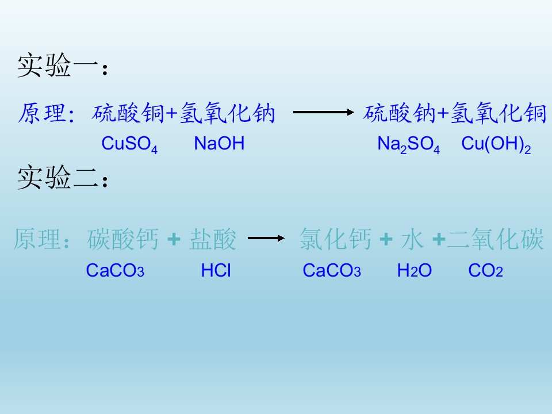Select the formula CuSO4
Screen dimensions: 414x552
(x=129, y=144)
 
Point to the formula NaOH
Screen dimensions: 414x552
(x=219, y=144)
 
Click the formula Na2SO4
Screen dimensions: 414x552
(x=408, y=144)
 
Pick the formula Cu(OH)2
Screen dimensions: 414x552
(x=496, y=144)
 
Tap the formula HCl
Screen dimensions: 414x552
(x=216, y=271)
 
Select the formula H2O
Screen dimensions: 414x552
(x=414, y=271)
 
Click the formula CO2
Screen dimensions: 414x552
(x=485, y=271)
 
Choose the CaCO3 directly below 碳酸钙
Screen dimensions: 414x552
(x=114, y=271)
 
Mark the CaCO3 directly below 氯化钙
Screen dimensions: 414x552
(x=331, y=271)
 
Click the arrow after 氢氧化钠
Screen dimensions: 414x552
(x=323, y=113)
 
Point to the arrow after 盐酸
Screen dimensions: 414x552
(x=266, y=238)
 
